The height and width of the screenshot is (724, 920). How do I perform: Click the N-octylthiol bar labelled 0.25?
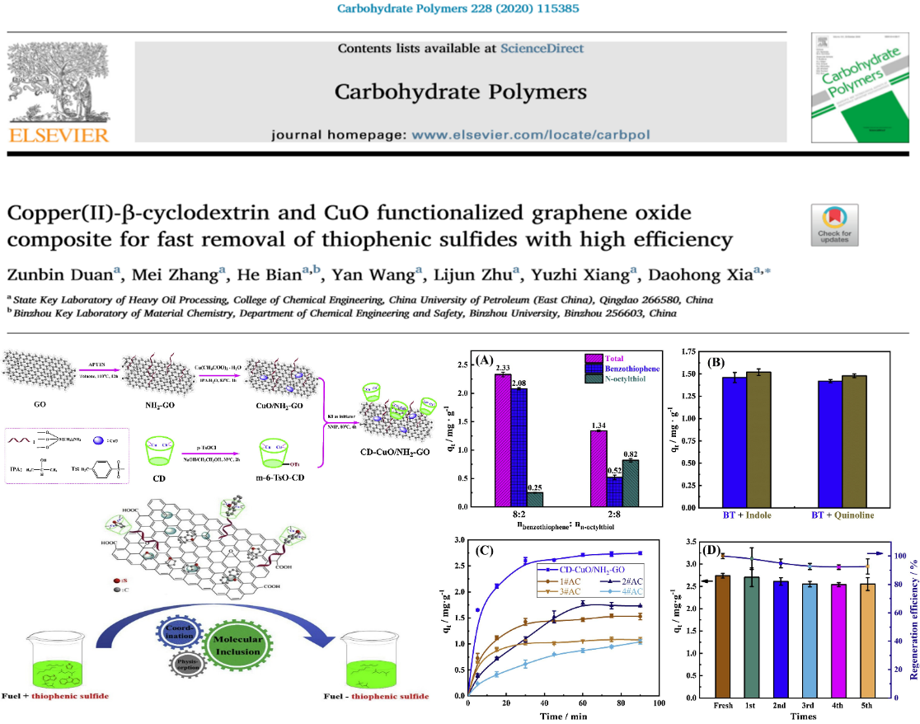533,499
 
